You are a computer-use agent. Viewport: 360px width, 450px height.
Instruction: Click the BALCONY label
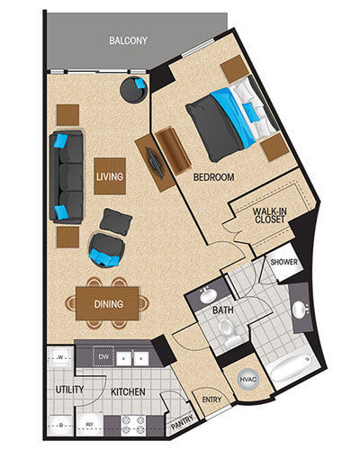pyautogui.click(x=129, y=40)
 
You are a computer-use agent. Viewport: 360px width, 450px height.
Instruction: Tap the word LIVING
pyautogui.click(x=109, y=175)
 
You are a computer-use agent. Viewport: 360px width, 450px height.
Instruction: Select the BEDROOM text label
pyautogui.click(x=213, y=177)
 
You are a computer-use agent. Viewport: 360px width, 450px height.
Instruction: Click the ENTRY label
pyautogui.click(x=211, y=400)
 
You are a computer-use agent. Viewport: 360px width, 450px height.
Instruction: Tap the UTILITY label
pyautogui.click(x=69, y=391)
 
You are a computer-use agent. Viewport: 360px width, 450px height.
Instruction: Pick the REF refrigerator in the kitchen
pyautogui.click(x=88, y=423)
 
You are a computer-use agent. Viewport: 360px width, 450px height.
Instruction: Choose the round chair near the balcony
pyautogui.click(x=136, y=89)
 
